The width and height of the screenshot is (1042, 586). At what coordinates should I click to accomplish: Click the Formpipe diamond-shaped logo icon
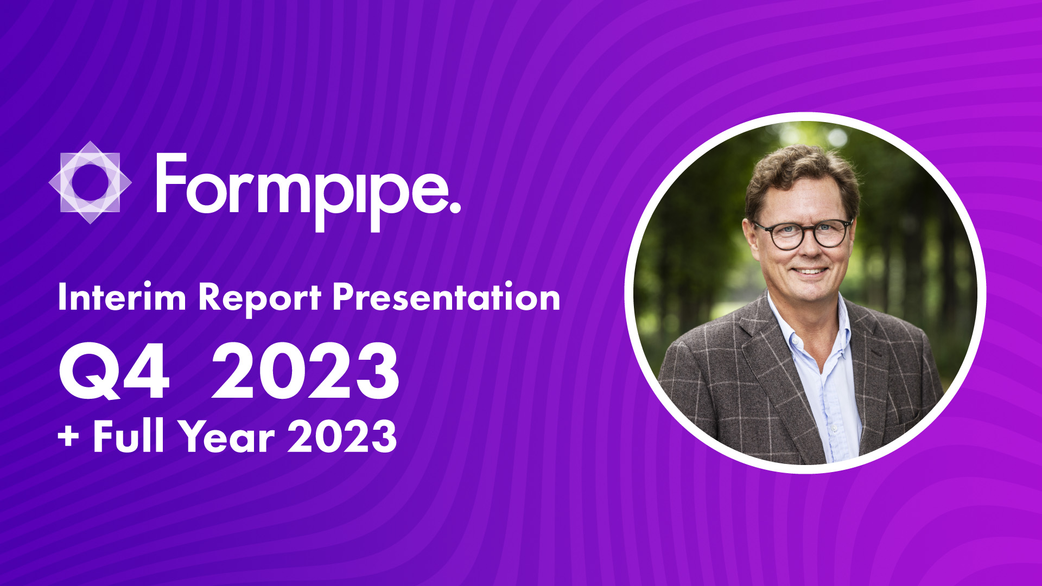coord(90,182)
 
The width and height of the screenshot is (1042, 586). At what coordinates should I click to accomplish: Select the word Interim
coord(122,297)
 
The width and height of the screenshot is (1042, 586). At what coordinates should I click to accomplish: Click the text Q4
coord(115,372)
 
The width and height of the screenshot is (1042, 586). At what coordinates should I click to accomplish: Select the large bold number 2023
coord(306,372)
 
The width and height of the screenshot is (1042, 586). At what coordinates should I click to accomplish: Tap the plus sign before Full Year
coord(68,437)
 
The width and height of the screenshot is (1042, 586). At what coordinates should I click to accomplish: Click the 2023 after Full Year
coord(342,436)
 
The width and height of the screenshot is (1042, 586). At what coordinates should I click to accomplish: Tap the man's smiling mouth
coord(809,270)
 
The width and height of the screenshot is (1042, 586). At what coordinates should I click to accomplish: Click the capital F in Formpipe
coord(171,182)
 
